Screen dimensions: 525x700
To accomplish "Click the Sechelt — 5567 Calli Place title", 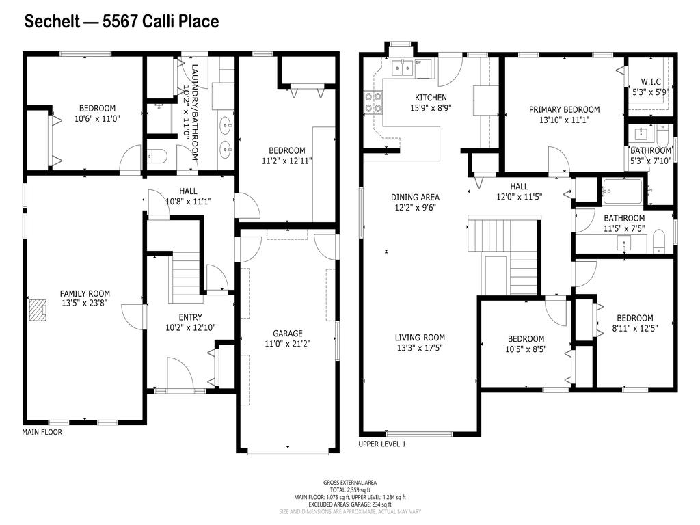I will (122, 22).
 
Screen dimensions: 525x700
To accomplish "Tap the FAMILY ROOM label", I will (85, 294).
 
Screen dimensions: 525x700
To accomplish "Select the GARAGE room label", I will (287, 334).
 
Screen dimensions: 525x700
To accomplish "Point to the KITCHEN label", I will (431, 98).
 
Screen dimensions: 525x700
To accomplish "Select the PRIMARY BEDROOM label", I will (564, 109).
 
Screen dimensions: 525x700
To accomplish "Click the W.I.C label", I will (650, 81).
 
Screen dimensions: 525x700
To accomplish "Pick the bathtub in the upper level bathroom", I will (621, 191).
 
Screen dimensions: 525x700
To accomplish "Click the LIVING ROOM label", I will (420, 338).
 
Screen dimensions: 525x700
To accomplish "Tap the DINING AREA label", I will (415, 198).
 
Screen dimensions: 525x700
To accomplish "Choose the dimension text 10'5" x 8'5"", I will (526, 349).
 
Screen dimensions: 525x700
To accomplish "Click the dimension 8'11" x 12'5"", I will (634, 328).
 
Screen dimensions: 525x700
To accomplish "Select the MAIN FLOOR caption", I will (42, 432).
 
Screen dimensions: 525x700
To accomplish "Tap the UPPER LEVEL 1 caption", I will (382, 444).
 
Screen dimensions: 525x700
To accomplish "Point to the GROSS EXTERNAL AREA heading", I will (350, 483).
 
